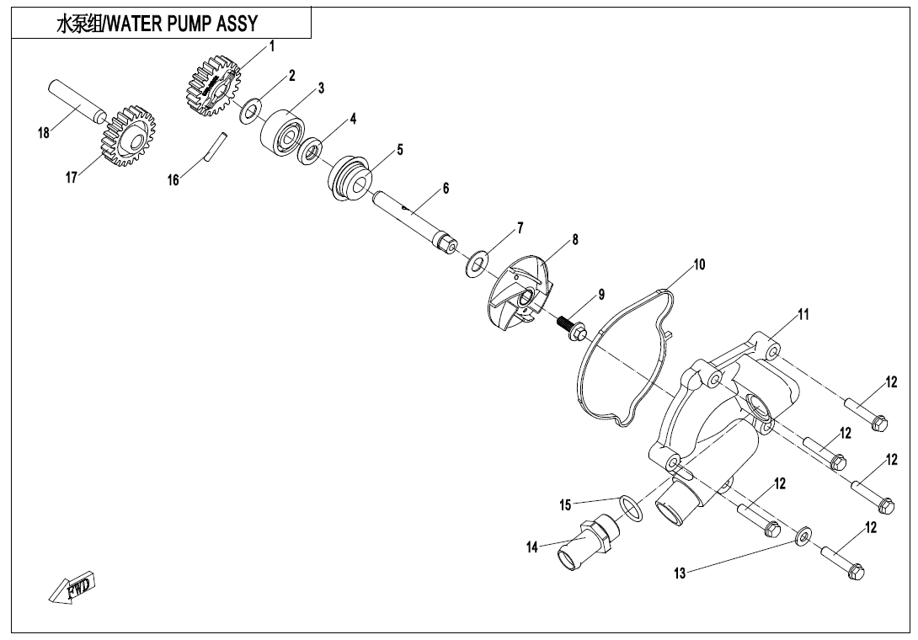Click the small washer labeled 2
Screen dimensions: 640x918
250,111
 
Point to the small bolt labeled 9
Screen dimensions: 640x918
573,328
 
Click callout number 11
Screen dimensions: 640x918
803,315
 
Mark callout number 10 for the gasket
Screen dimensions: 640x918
699,264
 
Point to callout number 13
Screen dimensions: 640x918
680,573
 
